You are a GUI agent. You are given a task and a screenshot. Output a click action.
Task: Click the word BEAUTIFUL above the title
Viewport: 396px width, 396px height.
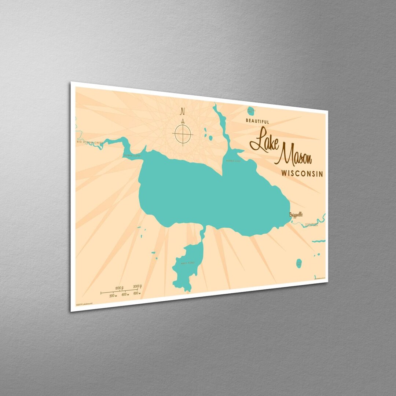[257, 121]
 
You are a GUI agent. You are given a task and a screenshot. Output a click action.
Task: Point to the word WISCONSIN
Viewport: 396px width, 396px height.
[302, 173]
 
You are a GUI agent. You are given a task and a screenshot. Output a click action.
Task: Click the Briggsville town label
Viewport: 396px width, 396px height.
[296, 214]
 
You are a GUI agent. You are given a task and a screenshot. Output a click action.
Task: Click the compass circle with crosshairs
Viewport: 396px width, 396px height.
[183, 133]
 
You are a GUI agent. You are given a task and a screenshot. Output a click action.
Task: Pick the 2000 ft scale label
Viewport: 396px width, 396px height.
[138, 286]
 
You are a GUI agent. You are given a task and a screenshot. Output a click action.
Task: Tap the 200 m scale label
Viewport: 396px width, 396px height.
[113, 295]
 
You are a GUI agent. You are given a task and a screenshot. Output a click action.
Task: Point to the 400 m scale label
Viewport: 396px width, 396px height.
[125, 294]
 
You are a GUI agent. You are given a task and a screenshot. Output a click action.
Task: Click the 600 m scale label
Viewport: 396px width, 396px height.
[137, 293]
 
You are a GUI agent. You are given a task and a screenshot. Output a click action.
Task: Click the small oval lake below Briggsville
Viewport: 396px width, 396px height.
[299, 263]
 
